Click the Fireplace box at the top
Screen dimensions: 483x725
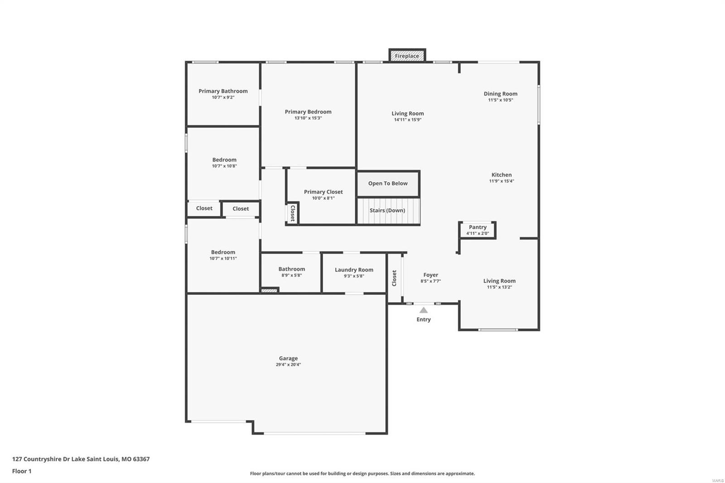(x=407, y=56)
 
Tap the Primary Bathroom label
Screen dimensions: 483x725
(x=223, y=91)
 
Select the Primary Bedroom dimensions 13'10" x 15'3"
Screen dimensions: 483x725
(x=308, y=118)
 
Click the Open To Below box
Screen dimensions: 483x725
(x=388, y=184)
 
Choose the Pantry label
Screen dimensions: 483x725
(x=478, y=227)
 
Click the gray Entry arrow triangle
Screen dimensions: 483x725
(x=423, y=310)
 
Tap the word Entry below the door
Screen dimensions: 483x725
(x=424, y=319)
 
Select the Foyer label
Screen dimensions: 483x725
(x=430, y=275)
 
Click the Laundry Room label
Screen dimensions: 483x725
(x=354, y=270)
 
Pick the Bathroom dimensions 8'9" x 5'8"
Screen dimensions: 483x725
(x=291, y=275)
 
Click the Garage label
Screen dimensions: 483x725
(x=288, y=358)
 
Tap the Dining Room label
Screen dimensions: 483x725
(x=500, y=94)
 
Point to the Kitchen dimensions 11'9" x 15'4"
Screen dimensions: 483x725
(x=501, y=181)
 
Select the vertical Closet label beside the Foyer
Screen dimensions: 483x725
(x=394, y=278)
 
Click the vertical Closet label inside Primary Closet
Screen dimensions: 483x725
(x=293, y=213)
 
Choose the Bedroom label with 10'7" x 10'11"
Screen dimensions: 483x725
(x=223, y=252)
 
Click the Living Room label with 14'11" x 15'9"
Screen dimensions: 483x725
(x=408, y=114)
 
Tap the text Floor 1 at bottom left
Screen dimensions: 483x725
(x=22, y=471)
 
